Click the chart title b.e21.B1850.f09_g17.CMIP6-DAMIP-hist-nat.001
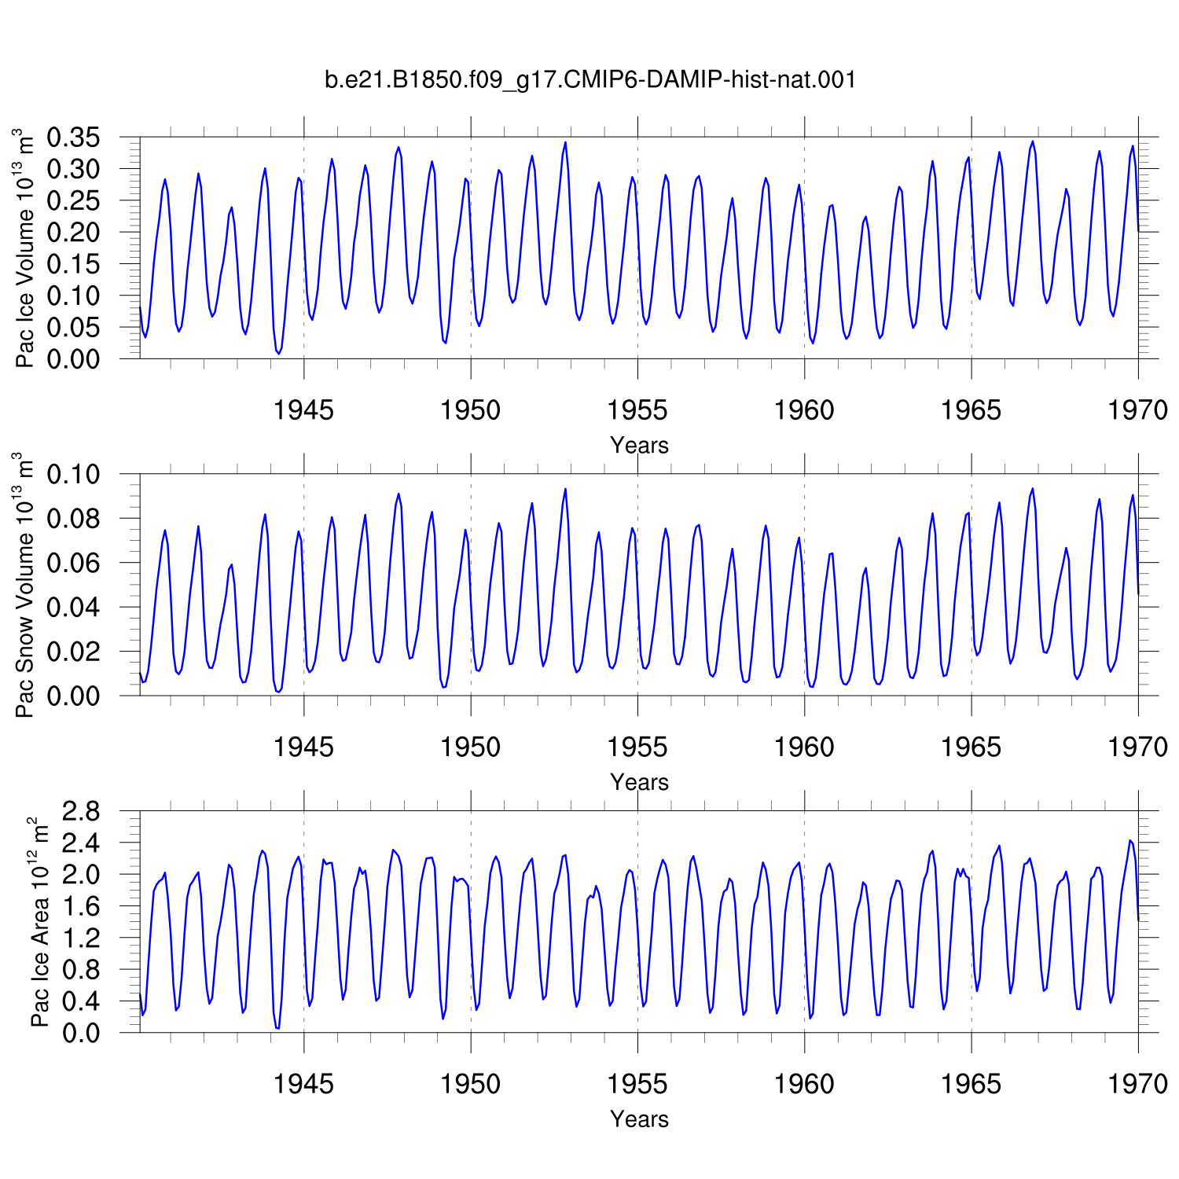pos(590,79)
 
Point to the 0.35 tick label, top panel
pos(74,138)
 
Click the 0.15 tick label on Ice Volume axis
pos(74,264)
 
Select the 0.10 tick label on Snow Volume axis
pos(74,474)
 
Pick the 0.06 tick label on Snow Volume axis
pos(74,563)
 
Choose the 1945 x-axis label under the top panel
pos(303,410)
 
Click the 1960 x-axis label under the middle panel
pos(804,747)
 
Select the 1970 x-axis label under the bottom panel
pos(1138,1084)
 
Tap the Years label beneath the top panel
pos(639,445)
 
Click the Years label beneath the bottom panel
pos(639,1118)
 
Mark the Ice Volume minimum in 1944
pos(278,354)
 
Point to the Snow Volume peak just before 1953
pos(565,489)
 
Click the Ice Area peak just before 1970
pos(1130,840)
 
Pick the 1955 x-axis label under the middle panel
pos(637,747)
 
